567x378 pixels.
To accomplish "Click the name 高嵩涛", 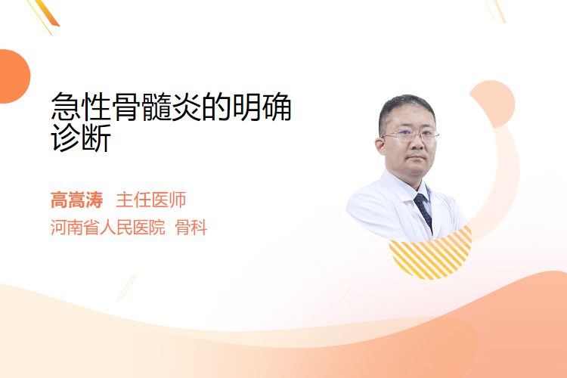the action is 76,200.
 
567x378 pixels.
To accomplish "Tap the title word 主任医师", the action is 151,200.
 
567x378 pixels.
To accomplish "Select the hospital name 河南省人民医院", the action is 108,228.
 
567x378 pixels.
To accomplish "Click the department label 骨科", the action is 191,228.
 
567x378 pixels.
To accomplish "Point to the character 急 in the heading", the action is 66,107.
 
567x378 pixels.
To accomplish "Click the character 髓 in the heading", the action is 156,107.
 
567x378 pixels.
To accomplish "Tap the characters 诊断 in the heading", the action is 81,138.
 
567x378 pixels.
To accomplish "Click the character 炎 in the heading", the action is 187,107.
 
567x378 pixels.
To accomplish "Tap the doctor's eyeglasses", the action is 411,135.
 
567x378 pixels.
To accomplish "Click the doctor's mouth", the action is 417,157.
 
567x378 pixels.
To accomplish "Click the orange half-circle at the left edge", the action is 14,76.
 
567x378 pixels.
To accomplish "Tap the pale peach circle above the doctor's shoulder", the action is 492,104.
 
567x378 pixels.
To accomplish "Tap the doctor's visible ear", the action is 380,145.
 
